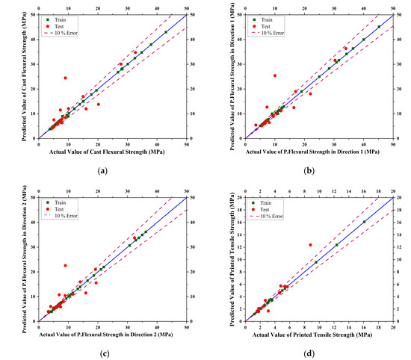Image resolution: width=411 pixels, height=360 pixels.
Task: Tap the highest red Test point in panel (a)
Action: (65, 78)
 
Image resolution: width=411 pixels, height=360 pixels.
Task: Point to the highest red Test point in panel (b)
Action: (275, 75)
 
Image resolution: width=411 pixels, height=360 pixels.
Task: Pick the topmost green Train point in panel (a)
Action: (166, 32)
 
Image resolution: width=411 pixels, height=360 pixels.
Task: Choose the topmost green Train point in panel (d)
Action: (364, 222)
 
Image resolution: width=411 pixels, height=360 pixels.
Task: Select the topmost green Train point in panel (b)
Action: (379, 27)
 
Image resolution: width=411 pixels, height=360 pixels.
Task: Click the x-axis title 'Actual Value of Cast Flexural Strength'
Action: (112, 152)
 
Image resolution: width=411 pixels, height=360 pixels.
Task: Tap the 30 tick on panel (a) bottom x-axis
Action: (128, 144)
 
